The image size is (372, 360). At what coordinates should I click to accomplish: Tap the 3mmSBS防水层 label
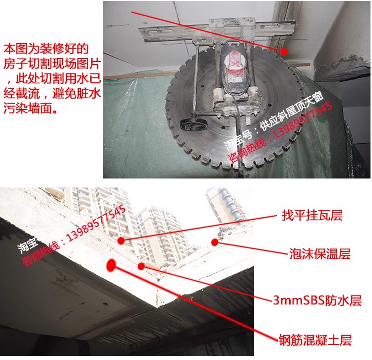click(317, 300)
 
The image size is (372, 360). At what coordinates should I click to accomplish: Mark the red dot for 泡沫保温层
click(215, 242)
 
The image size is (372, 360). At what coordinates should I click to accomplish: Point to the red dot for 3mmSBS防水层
click(141, 266)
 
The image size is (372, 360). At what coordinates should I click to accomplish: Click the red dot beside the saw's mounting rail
click(284, 51)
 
